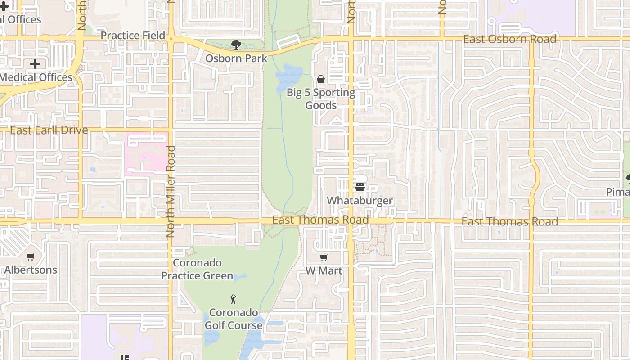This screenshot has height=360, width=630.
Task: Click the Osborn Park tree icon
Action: click(x=236, y=45)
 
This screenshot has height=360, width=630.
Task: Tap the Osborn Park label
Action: click(x=236, y=58)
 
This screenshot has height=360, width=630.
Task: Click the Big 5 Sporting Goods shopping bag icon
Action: click(x=321, y=80)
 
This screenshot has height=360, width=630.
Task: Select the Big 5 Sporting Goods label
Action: click(x=321, y=99)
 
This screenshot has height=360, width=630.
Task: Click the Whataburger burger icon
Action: click(x=360, y=187)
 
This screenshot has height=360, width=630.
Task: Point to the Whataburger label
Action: click(x=360, y=201)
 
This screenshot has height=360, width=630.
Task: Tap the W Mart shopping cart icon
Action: click(x=324, y=257)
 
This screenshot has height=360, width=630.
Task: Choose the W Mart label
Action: click(x=324, y=270)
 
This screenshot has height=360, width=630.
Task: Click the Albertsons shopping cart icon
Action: click(x=31, y=256)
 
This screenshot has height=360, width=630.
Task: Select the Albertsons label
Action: click(x=31, y=270)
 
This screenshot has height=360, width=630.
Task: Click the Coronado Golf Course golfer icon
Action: click(x=233, y=299)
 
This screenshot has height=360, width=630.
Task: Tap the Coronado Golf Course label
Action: click(x=234, y=319)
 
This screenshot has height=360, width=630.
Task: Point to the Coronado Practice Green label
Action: click(x=197, y=269)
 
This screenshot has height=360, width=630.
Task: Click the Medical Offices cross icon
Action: click(x=35, y=64)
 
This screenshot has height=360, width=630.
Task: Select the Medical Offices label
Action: click(x=36, y=77)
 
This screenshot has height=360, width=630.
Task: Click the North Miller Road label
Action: click(x=171, y=192)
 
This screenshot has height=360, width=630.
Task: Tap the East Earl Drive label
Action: click(x=49, y=130)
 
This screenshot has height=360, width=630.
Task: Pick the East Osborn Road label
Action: click(x=510, y=39)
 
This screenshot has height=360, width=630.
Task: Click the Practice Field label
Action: click(x=133, y=36)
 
